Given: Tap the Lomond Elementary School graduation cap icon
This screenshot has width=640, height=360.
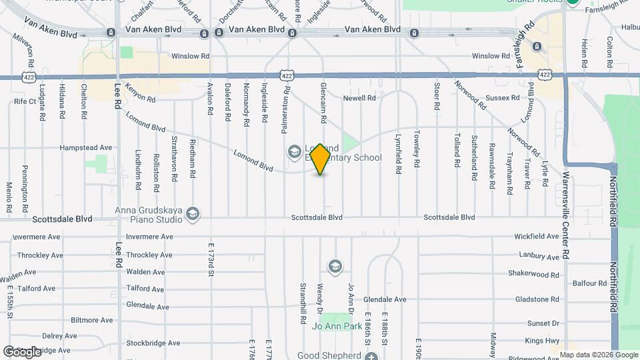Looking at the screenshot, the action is pos(294,153).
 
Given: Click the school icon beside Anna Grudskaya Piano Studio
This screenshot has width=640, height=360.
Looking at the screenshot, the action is pos(193,213).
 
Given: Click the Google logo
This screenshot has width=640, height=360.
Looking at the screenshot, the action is pos(22,351).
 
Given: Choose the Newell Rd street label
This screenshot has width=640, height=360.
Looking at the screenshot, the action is pos(359,98).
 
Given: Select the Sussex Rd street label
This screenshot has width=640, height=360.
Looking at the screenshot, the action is pos(503,98).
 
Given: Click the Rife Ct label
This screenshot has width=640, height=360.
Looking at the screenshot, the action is pos(24,101).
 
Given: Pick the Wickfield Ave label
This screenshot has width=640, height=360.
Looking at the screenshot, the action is pos(536,237).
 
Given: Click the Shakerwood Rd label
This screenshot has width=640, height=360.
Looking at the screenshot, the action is pos(533,275).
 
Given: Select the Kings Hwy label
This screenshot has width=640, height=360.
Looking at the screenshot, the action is pos(542,341).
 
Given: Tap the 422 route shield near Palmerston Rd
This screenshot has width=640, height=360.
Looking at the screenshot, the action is pos(286,76).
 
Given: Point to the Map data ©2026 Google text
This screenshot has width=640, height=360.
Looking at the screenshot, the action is pos(597,355).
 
